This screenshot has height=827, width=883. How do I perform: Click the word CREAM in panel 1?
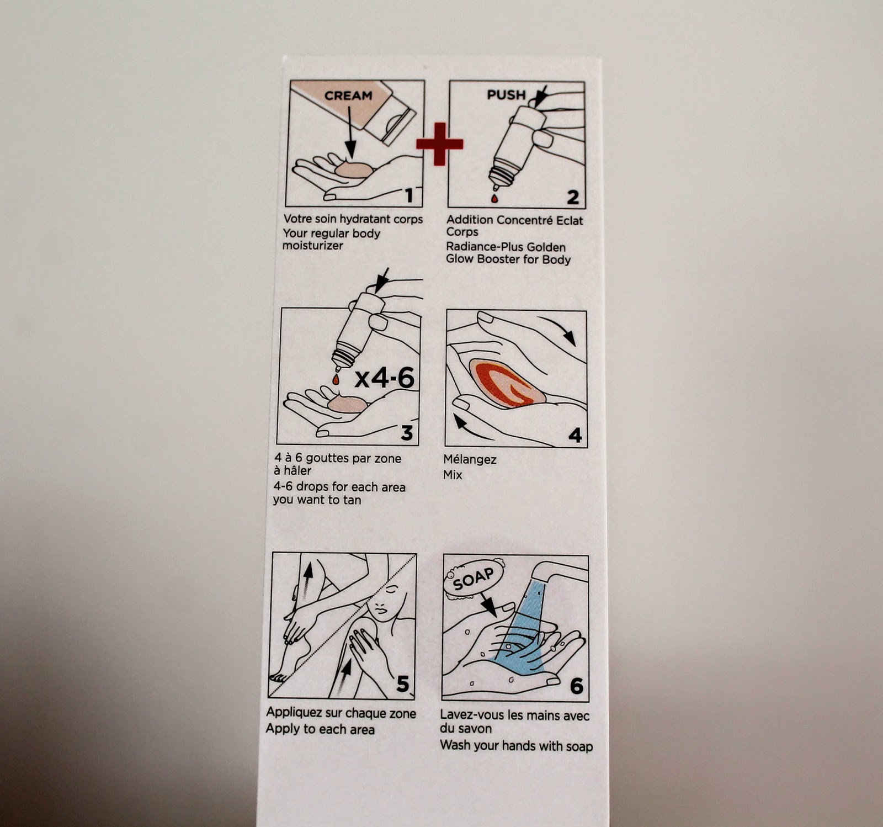click(348, 96)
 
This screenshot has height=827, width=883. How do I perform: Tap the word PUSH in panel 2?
click(507, 95)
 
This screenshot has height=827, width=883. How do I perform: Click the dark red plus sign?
click(439, 144)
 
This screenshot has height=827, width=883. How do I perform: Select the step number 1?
click(409, 195)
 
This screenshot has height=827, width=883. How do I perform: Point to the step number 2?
click(573, 197)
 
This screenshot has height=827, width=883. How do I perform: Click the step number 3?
click(407, 433)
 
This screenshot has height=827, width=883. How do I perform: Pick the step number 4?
click(575, 436)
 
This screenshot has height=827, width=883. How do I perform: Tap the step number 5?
click(403, 684)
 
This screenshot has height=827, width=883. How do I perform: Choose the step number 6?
click(576, 686)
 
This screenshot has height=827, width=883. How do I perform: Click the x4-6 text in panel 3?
click(384, 378)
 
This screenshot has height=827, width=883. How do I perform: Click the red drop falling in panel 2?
click(494, 197)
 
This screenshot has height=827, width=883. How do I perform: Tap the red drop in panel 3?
click(335, 379)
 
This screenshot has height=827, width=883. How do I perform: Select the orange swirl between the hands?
click(507, 382)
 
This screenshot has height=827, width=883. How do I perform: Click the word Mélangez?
click(470, 459)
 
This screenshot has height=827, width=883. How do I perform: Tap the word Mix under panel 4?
click(453, 475)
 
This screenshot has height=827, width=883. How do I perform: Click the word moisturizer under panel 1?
click(313, 246)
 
